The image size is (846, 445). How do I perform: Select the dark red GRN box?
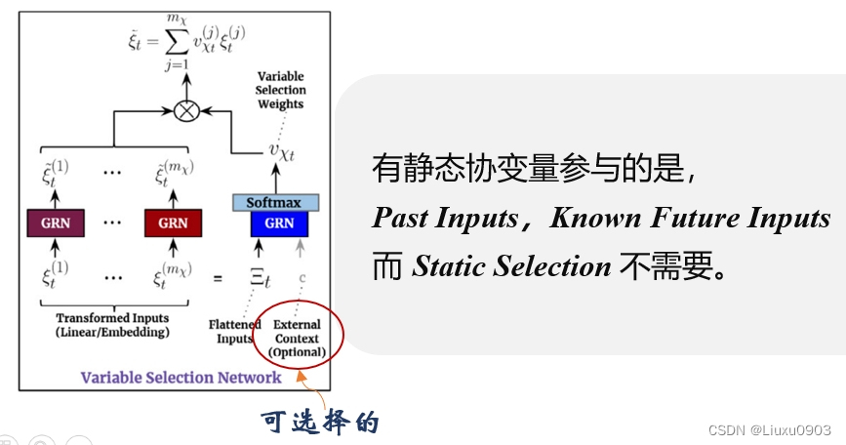coord(173,223)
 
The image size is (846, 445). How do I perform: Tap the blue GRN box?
coord(279,223)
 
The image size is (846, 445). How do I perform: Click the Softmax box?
coord(274,202)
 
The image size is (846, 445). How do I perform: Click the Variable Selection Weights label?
coord(280,90)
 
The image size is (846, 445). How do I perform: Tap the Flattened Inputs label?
coord(235,332)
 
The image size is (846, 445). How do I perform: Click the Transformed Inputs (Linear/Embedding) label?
coord(112,325)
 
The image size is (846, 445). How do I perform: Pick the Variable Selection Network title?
coord(181,377)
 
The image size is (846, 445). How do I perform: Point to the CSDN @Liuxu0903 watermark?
coord(770,429)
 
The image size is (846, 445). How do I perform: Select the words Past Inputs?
coord(445,218)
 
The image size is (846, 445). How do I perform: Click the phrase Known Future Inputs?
coord(690,218)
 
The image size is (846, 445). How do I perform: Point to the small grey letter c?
coord(302,277)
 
